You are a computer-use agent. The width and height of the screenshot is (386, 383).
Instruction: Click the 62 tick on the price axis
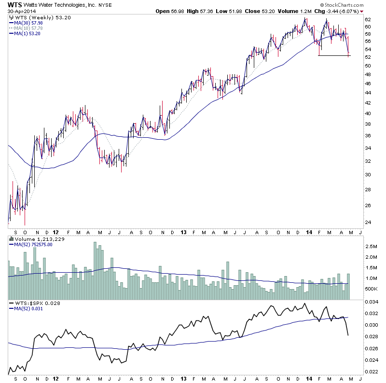pos(367,20)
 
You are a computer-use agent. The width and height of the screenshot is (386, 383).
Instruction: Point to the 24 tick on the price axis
pos(367,222)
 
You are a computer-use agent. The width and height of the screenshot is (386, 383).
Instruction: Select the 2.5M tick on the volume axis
pos(371,246)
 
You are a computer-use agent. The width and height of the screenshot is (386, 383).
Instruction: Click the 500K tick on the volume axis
pos(371,289)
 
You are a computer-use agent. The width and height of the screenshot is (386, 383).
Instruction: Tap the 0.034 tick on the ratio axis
pos(371,302)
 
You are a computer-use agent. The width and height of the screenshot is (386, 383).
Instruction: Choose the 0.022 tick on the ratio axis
pos(371,371)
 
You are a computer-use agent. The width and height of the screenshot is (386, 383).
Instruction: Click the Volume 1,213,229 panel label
pos(31,239)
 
